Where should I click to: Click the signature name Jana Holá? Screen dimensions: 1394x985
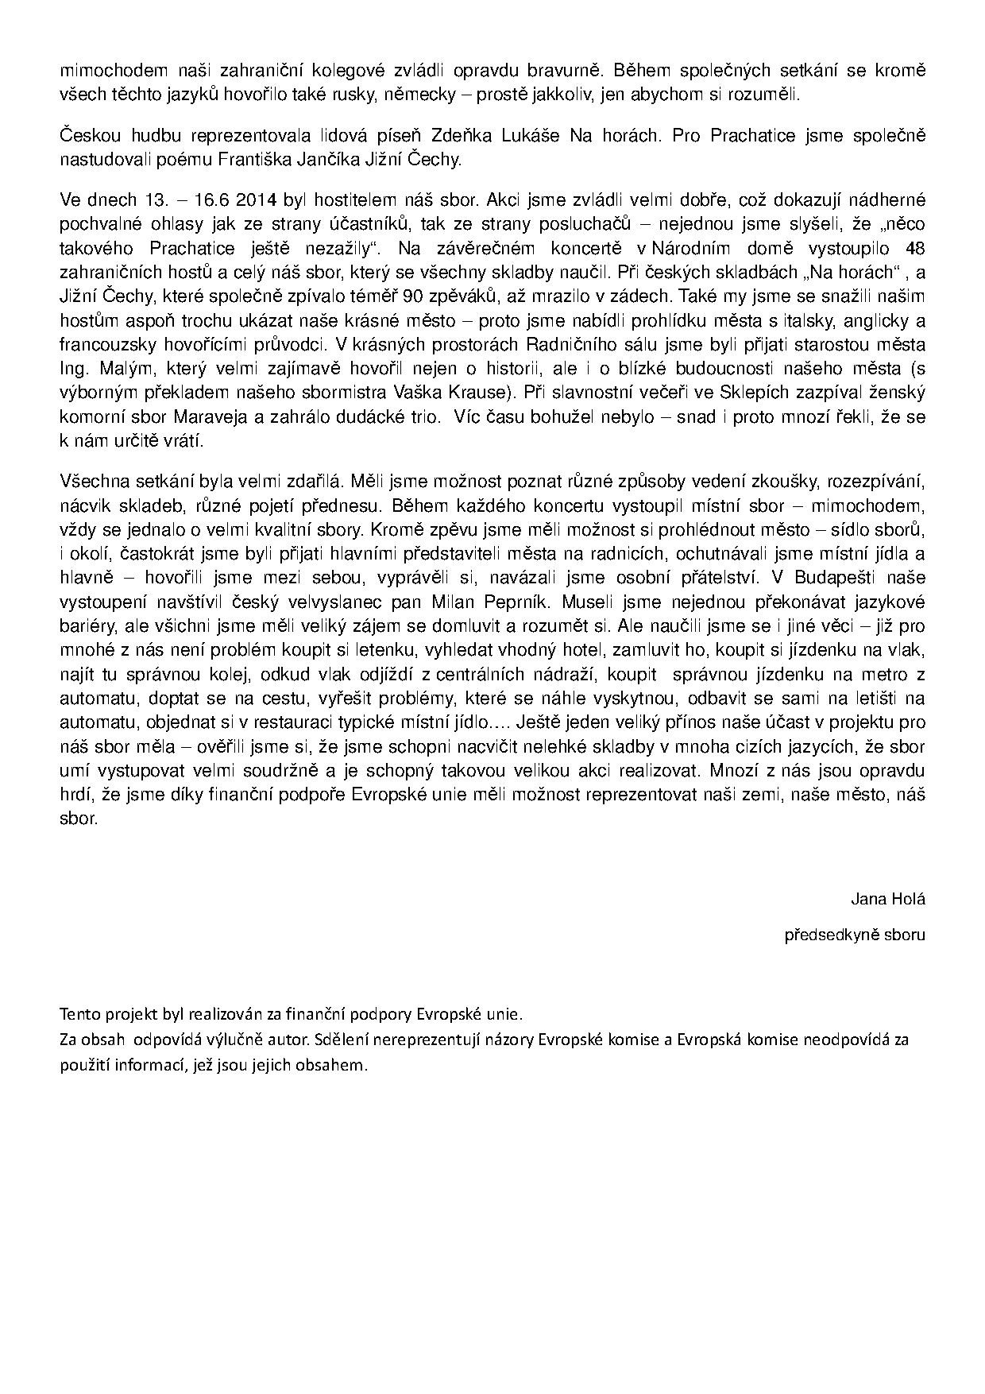point(887,900)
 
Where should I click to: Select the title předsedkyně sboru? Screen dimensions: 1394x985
point(854,935)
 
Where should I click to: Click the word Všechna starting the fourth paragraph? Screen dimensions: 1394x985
point(91,481)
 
